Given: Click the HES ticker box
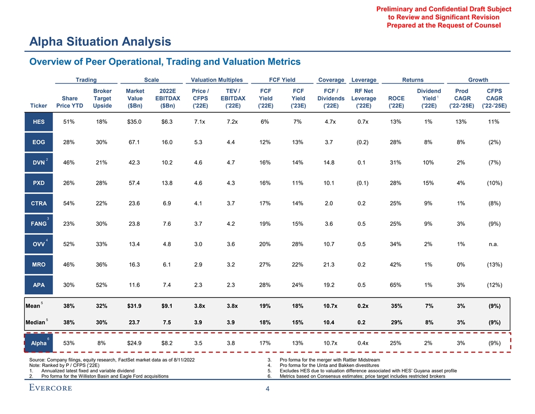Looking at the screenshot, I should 38,122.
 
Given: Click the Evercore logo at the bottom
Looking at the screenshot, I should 50,388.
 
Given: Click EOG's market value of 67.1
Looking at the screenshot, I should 134,142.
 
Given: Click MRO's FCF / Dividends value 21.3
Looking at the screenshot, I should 331,264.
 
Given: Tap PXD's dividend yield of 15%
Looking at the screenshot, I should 428,183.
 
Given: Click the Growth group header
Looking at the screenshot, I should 478,80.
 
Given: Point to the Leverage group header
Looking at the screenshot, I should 363,80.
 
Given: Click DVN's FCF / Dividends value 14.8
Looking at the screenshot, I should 331,162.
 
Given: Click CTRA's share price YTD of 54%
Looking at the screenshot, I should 69,203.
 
